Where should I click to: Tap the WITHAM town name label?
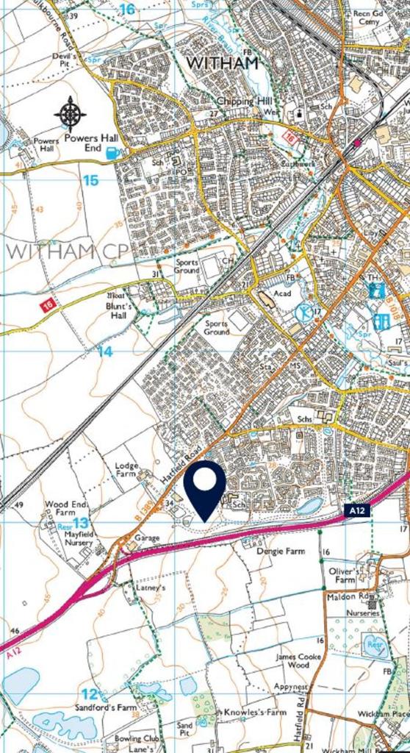tap(223, 63)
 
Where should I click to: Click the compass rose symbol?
tap(70, 114)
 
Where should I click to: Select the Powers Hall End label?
tap(92, 143)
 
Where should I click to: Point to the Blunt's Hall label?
tap(117, 311)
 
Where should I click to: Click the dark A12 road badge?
tap(357, 509)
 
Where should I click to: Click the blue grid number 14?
tap(105, 351)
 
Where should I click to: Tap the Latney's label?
tap(151, 588)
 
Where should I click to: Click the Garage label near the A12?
tap(147, 538)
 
